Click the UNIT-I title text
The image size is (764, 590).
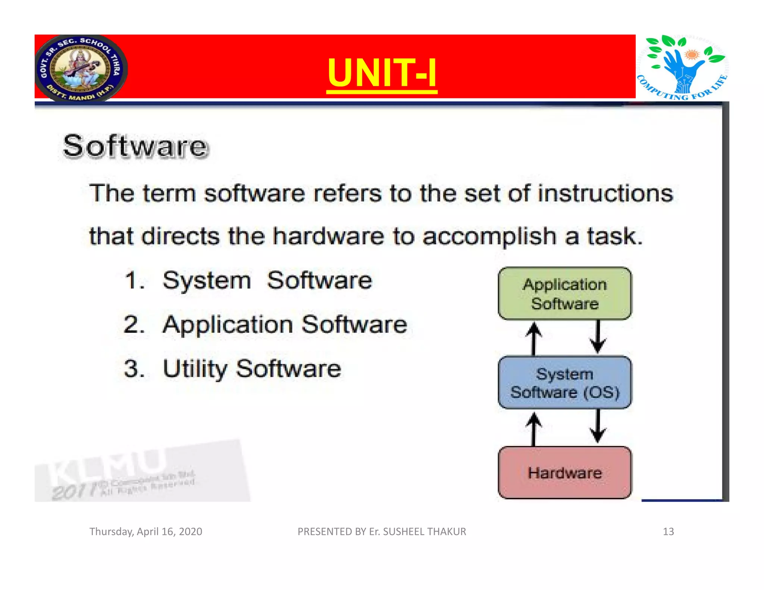point(382,73)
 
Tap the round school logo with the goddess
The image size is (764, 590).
point(81,68)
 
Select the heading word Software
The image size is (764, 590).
point(135,146)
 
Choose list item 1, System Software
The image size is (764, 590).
point(267,280)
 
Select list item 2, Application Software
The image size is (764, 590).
point(284,324)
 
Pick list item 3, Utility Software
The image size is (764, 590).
point(251,368)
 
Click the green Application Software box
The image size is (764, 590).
point(564,294)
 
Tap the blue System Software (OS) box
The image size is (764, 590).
point(564,383)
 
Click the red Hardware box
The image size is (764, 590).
point(564,473)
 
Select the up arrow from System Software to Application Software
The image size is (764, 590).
point(533,338)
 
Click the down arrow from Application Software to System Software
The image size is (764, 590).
point(598,337)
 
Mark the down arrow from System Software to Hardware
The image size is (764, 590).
point(598,427)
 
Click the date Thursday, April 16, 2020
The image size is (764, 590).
point(145,531)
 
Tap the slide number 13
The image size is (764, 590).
point(668,531)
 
